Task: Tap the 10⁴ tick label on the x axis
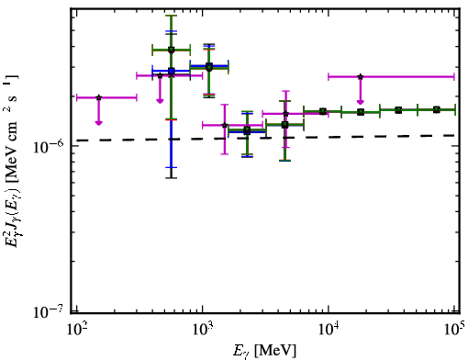point(329,329)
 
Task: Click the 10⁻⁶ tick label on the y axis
point(49,146)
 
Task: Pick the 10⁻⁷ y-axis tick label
point(49,311)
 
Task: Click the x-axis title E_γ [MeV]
point(264,351)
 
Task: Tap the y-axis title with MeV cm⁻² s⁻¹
point(12,161)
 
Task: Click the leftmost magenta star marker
point(98,97)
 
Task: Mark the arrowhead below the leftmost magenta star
point(98,122)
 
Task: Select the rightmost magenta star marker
point(361,76)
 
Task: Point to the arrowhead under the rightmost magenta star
point(361,102)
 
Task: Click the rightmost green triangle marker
point(437,109)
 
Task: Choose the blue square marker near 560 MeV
point(172,71)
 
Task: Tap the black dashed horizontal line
point(265,138)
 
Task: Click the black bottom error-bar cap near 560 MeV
point(172,177)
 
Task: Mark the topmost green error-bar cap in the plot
point(172,16)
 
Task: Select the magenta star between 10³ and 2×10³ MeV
point(225,125)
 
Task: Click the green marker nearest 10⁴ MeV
point(323,111)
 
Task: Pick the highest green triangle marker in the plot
point(172,50)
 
